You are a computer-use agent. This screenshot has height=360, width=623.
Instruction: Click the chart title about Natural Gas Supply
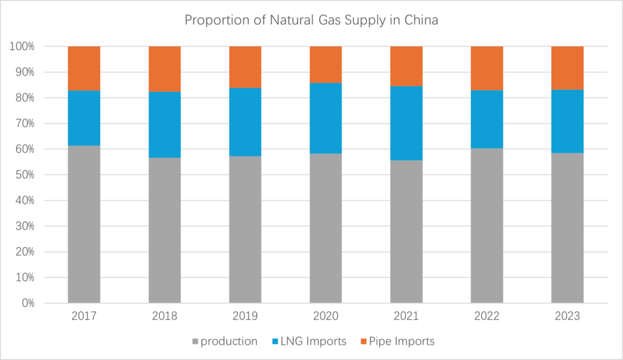coord(311,20)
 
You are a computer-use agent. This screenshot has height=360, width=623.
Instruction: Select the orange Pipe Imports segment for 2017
coord(84,68)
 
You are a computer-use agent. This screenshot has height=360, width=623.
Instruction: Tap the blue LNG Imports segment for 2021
coord(406,123)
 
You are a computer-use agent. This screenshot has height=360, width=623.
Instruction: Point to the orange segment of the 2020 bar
coord(325,64)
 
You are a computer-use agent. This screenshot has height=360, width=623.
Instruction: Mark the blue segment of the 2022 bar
coord(487,119)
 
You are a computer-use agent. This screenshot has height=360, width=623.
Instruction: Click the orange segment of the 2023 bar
coord(567,67)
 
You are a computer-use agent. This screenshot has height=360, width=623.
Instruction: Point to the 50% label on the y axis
coord(24,175)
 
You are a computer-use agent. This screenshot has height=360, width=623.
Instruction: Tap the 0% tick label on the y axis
coord(27,303)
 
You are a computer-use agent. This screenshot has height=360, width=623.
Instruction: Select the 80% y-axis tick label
coord(24,98)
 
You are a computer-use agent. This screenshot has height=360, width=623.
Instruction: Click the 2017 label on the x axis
coord(84,317)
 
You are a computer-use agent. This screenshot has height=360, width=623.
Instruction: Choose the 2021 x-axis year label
coord(406,317)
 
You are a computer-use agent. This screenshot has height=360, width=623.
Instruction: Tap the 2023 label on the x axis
coord(567,317)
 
